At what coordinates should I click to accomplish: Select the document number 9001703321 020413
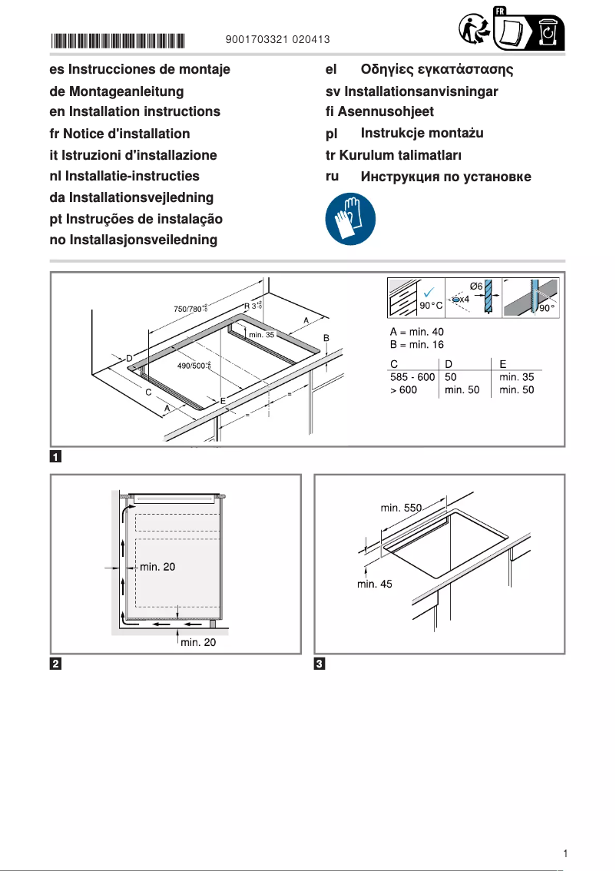(279, 39)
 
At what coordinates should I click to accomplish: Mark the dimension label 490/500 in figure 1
(194, 366)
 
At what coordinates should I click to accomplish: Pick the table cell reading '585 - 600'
(412, 378)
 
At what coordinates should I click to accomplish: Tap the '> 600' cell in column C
(404, 390)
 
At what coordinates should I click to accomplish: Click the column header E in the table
(502, 363)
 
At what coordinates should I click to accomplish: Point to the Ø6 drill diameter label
(475, 286)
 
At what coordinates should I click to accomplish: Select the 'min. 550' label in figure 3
(400, 508)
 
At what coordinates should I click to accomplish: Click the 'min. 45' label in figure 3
(375, 584)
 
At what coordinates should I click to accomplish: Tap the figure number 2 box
(55, 664)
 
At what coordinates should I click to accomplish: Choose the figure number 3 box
(320, 664)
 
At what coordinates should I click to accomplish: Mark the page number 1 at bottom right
(565, 853)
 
